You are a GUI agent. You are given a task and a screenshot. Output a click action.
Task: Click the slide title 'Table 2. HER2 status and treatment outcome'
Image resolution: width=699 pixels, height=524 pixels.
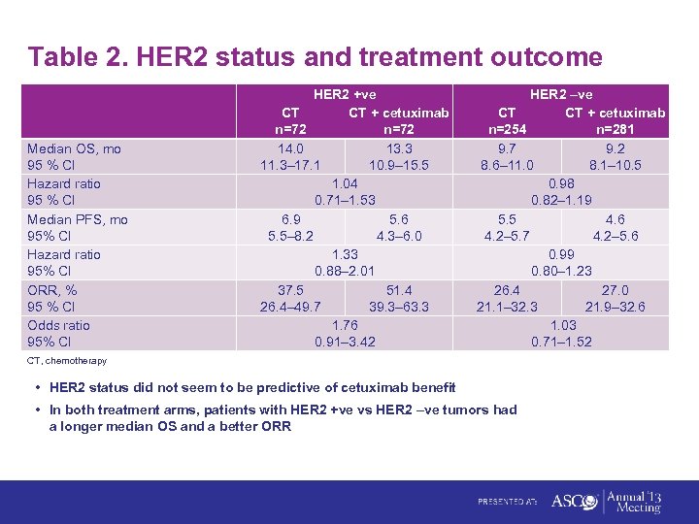point(316,57)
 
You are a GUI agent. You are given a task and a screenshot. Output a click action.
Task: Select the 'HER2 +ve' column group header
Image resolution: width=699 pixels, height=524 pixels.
point(345,95)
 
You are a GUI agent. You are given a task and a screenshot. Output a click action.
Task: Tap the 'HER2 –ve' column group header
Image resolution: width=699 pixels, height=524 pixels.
point(561,95)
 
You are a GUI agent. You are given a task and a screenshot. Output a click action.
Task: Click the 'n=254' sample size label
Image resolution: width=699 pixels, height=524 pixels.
point(508,130)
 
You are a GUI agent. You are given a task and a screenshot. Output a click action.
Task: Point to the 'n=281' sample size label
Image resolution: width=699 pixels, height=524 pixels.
point(616,130)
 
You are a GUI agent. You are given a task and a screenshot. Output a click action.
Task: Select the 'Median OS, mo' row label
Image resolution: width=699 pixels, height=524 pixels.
point(75,148)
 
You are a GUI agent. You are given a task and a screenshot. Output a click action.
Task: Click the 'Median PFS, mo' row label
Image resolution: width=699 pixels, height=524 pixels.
point(78,219)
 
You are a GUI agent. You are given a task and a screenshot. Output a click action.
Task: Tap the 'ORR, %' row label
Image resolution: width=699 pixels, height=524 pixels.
point(52,290)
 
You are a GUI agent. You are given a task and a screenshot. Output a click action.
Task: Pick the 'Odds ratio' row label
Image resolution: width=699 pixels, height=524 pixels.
point(58,325)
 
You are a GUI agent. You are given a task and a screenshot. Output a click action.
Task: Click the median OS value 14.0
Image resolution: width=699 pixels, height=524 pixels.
point(290,148)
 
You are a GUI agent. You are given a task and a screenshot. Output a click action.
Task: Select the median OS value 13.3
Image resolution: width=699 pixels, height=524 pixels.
point(399,148)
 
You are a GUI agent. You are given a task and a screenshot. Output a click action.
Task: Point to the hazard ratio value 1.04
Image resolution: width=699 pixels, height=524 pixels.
point(345,183)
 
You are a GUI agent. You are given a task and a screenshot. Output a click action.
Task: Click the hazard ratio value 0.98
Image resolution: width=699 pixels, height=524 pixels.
point(561,183)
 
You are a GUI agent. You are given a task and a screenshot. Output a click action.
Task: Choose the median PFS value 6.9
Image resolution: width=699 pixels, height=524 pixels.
point(290,219)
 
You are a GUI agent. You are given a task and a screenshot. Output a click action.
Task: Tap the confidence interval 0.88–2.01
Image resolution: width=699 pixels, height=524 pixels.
point(345,271)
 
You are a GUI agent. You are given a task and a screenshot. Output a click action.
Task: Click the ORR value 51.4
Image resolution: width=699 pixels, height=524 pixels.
point(399,290)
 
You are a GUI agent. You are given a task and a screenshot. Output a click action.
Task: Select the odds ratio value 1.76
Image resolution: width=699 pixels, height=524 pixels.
point(345,325)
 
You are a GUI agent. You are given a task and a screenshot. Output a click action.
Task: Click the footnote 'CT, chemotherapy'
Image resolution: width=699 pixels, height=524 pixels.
point(67,361)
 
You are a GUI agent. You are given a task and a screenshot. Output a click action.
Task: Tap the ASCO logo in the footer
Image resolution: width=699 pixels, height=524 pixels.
point(573,501)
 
